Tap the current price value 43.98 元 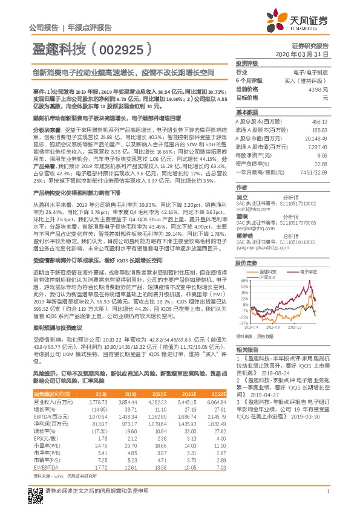click(318, 89)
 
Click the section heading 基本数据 click(246, 112)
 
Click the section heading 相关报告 click(246, 350)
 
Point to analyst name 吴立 click(242, 180)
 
